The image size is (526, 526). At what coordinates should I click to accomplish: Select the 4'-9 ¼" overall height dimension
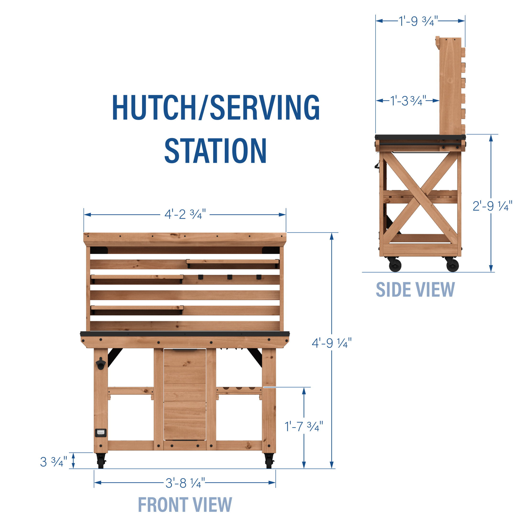[x=332, y=343]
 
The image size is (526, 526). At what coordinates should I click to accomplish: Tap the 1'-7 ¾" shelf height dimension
[x=304, y=426]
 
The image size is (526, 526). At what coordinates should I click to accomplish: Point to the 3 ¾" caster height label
[x=53, y=462]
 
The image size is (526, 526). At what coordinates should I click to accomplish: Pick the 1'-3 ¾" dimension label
[x=408, y=101]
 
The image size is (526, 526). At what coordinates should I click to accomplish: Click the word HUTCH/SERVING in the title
[x=216, y=107]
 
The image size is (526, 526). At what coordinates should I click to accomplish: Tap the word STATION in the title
[x=216, y=151]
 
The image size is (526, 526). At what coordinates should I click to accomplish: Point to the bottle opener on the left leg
[x=101, y=364]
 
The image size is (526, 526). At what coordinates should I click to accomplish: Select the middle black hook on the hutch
[x=230, y=277]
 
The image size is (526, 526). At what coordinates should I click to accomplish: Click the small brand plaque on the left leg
[x=101, y=433]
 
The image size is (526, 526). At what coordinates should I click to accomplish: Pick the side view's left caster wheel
[x=395, y=265]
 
